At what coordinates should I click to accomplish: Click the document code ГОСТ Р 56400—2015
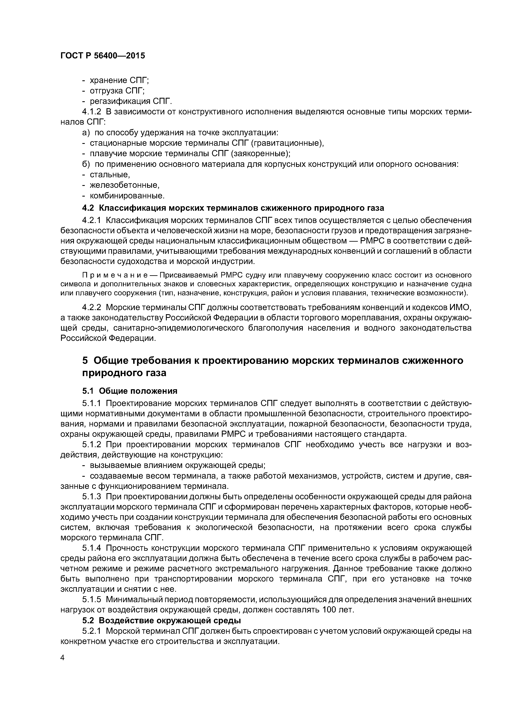[103, 56]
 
